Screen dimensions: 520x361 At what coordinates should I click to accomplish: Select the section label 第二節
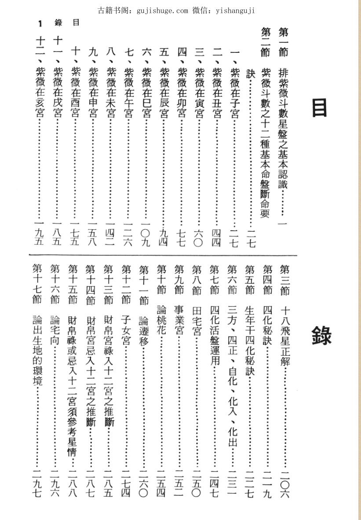tap(266, 42)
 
